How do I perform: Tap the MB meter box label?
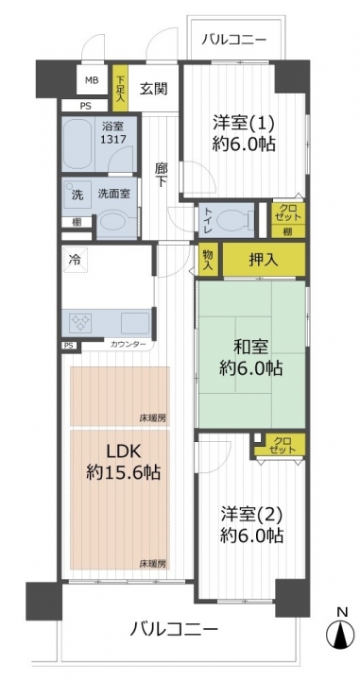pyautogui.click(x=92, y=80)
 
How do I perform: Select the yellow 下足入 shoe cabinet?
pyautogui.click(x=120, y=88)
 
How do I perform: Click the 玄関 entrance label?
pyautogui.click(x=153, y=89)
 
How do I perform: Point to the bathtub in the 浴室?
pyautogui.click(x=77, y=144)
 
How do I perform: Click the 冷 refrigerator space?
pyautogui.click(x=75, y=260)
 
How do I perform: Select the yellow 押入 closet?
pyautogui.click(x=264, y=260)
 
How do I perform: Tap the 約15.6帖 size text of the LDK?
pyautogui.click(x=123, y=472)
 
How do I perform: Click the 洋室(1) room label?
pyautogui.click(x=244, y=123)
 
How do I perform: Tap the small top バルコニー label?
pyautogui.click(x=233, y=41)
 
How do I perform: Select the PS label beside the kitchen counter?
pyautogui.click(x=69, y=346)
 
